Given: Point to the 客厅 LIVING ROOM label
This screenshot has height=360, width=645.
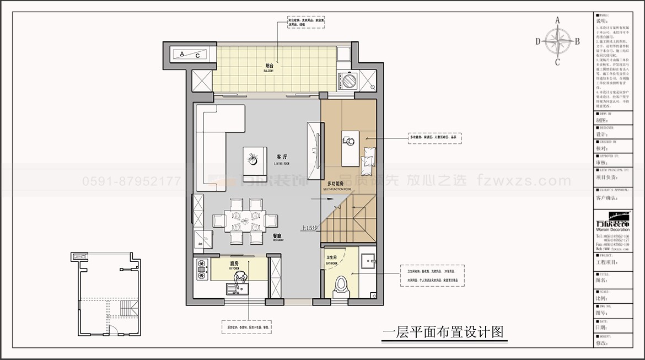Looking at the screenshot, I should pos(282,159).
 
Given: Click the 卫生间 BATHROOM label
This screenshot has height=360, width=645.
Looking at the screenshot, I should pos(331,260).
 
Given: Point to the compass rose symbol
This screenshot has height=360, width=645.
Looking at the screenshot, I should pos(557,41).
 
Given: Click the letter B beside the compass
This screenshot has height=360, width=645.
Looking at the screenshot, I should pos(577,41).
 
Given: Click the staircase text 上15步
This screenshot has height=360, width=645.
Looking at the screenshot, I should pos(308,227).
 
